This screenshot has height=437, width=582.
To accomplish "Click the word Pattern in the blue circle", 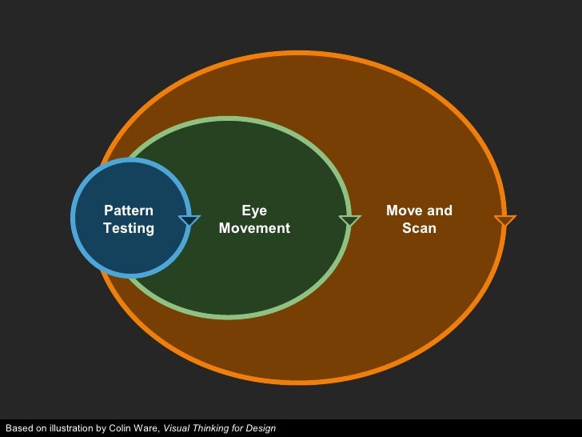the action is point(128,210).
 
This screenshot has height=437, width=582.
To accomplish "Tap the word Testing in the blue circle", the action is point(128,228).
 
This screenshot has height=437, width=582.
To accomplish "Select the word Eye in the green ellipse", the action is point(254,210).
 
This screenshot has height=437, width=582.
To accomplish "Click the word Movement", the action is point(254,228).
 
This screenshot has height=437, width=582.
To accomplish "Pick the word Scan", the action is point(419,228).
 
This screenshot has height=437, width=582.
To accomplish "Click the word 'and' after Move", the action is point(440,210).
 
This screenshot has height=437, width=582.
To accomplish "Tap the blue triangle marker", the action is point(189,220).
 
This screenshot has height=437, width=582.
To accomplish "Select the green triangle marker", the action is point(349,220).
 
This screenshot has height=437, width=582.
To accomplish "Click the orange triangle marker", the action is point(504,220).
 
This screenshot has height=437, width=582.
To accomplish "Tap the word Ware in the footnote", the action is point(147,428).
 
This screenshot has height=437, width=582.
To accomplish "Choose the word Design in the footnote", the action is point(261,428).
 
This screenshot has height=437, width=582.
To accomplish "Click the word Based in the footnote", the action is point(18,428).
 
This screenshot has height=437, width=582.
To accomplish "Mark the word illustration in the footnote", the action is point(70,428).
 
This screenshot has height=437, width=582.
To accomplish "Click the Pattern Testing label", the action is point(128,219).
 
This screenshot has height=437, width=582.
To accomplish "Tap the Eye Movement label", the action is point(254,219).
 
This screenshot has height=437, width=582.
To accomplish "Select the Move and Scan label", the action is point(419,219).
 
